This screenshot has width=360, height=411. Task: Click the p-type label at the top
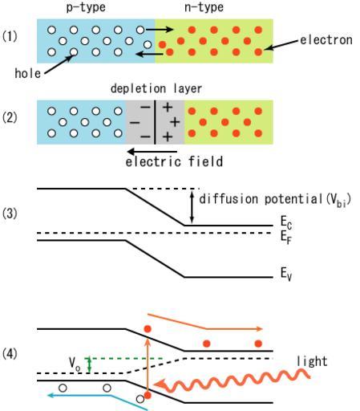(x=86, y=7)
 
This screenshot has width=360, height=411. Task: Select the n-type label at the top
(x=204, y=7)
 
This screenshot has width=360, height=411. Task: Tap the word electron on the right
(x=326, y=40)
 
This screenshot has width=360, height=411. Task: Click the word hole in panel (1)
(x=28, y=73)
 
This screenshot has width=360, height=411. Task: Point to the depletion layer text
(x=156, y=88)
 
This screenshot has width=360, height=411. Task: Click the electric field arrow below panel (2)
(x=152, y=152)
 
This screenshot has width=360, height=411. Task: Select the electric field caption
(x=174, y=162)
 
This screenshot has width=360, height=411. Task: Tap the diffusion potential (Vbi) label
(x=275, y=200)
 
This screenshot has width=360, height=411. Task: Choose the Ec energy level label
(x=286, y=222)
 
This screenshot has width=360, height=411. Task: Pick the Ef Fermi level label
(x=285, y=237)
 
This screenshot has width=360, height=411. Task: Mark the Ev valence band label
(x=285, y=274)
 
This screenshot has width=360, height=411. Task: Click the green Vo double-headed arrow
(x=90, y=365)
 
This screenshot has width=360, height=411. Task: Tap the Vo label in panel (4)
(x=75, y=364)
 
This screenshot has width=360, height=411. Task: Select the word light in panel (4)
(x=312, y=361)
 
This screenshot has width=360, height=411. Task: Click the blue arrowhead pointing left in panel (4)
(x=51, y=395)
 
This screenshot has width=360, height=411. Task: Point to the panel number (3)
(x=10, y=214)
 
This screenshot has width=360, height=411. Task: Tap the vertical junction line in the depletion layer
(x=155, y=122)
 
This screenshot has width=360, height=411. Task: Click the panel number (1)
(x=10, y=36)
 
